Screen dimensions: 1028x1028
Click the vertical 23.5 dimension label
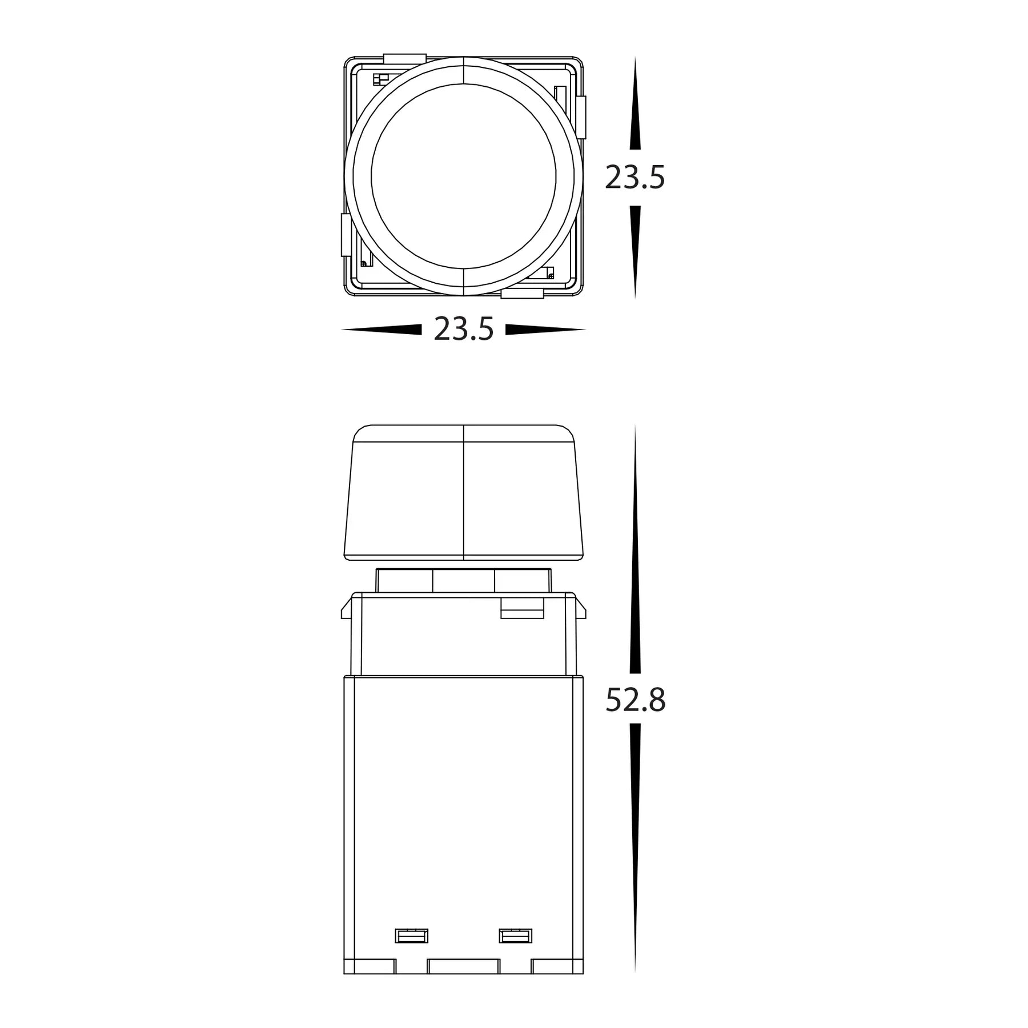pos(635,178)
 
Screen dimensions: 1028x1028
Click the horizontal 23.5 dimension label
pos(463,330)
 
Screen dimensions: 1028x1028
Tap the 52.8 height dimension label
pos(635,700)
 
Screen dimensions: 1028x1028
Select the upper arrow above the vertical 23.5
pos(635,106)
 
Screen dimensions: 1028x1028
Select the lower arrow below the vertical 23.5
pos(635,251)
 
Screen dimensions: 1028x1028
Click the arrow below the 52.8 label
pos(635,845)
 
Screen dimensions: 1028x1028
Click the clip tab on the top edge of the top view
pos(405,58)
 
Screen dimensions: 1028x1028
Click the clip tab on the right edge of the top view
pos(581,118)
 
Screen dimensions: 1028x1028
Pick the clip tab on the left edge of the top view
pos(346,235)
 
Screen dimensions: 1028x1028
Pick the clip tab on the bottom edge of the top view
pos(522,294)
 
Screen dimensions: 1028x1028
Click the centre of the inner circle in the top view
pos(463,176)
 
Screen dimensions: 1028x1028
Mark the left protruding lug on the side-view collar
pos(346,608)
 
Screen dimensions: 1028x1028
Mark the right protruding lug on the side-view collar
pos(581,608)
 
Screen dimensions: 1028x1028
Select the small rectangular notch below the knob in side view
pos(522,609)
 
